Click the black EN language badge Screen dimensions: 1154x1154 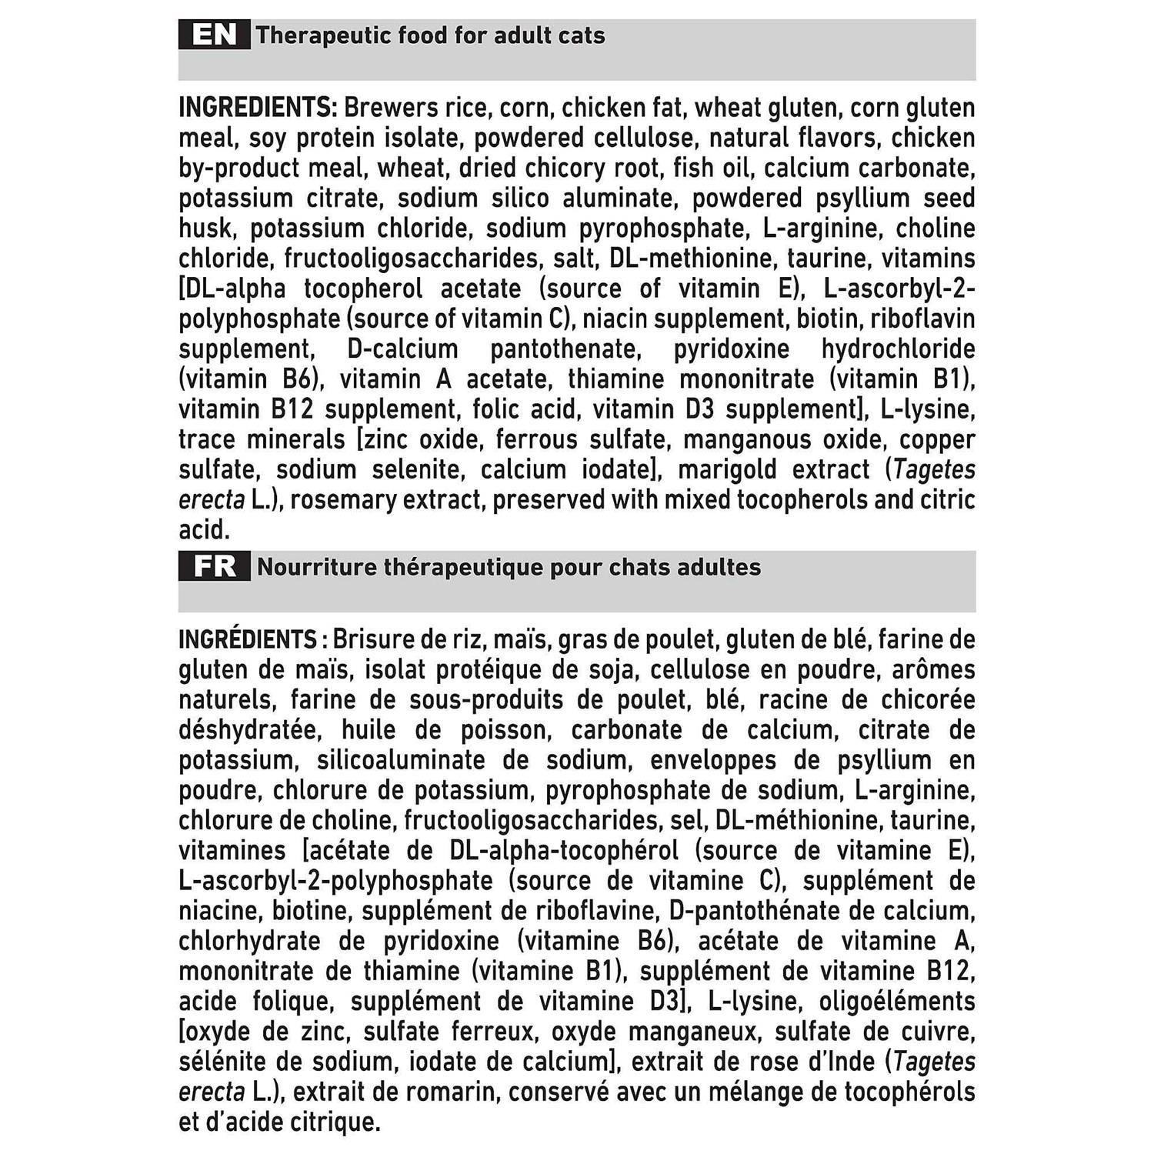coord(214,35)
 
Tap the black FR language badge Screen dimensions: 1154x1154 coord(214,567)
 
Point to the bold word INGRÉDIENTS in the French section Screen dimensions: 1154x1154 coord(248,639)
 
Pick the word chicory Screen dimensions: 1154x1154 coord(565,168)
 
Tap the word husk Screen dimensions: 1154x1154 coord(205,228)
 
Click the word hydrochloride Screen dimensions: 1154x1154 coord(898,349)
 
